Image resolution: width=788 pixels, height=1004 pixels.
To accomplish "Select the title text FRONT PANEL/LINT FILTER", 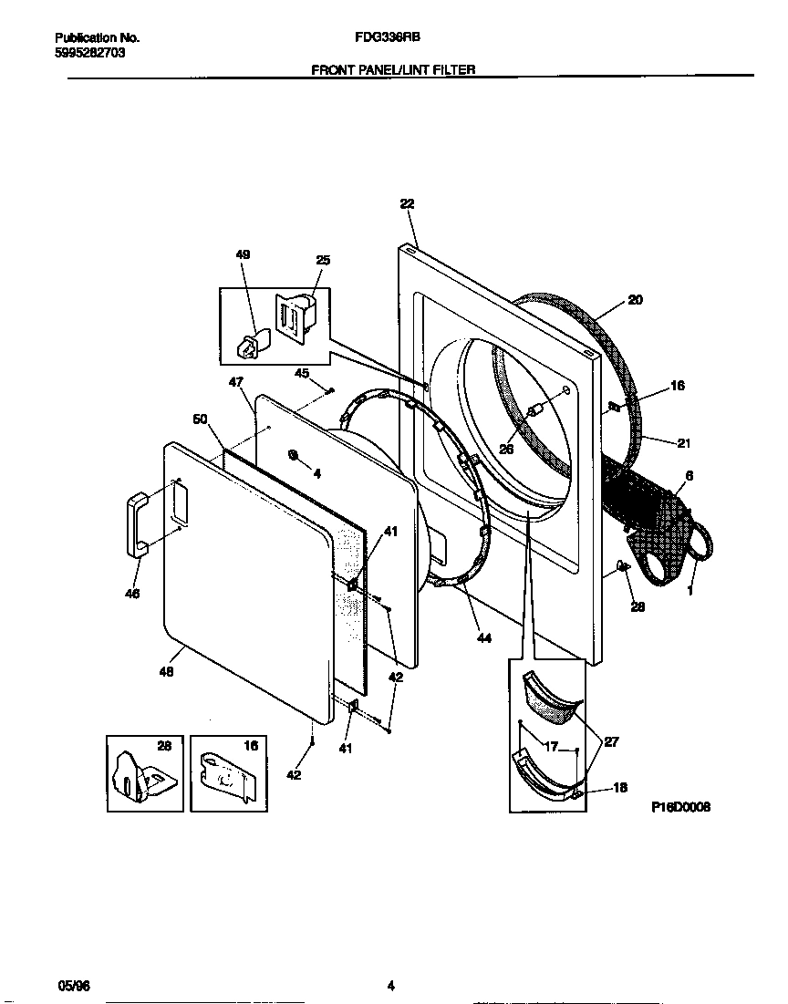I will pos(393,69).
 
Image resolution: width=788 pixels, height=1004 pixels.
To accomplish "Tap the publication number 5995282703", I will pos(90,53).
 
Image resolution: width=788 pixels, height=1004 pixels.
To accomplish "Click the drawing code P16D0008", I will pos(680,808).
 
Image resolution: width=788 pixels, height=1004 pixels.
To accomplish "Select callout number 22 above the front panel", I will pos(407,205).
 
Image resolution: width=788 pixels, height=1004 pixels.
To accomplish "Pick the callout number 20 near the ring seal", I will pos(635,299).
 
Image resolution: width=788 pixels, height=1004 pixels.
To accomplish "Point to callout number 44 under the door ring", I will pos(483,638).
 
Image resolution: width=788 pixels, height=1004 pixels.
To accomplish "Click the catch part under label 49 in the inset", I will pos(249,344).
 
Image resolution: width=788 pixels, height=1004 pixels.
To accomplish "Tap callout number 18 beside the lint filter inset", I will pos(619,788).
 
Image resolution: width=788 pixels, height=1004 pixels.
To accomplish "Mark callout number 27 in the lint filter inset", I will pos(612,742).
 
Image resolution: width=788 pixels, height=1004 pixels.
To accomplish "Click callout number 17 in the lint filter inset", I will pos(550,747).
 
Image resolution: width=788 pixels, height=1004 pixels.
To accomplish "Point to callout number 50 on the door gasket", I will pos(200,419).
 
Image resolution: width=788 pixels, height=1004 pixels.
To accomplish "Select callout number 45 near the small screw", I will pos(302,373).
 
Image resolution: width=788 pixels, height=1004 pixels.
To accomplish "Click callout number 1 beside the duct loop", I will pos(689,592).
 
